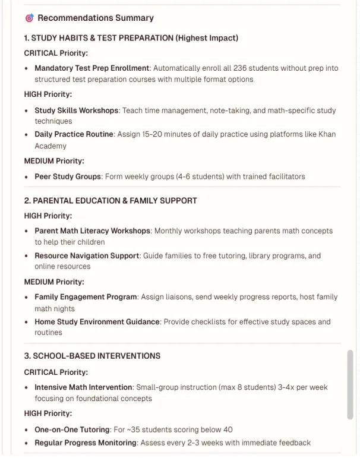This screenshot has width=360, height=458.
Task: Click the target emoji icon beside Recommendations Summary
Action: point(29,18)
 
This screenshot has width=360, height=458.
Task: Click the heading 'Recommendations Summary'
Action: point(96,18)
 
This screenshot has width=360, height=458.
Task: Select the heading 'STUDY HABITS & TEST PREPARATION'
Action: point(102,38)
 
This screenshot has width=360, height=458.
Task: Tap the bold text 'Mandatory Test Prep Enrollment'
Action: point(92,68)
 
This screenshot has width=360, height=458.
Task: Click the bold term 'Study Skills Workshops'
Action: point(77,110)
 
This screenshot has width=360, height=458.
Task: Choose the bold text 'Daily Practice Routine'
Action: point(74,134)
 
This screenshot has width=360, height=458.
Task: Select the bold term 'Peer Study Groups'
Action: point(67,176)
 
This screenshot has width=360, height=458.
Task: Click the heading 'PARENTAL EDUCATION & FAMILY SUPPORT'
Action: point(115,201)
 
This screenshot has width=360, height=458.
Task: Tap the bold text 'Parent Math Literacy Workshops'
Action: point(92,231)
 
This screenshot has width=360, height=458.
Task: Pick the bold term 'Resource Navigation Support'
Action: point(87,256)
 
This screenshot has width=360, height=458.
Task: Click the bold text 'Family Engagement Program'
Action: point(86,297)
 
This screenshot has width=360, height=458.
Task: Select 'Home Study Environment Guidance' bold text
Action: point(97,322)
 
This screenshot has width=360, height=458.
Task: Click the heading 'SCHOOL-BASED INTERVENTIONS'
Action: point(96,356)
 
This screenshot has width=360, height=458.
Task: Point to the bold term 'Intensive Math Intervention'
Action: point(83,387)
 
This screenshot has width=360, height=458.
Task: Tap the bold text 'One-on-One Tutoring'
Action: point(72,429)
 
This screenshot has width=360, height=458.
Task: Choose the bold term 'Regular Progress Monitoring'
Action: point(86,443)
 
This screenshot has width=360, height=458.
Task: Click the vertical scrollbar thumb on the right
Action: point(350,385)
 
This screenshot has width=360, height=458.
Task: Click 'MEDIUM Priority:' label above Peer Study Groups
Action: point(54,161)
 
